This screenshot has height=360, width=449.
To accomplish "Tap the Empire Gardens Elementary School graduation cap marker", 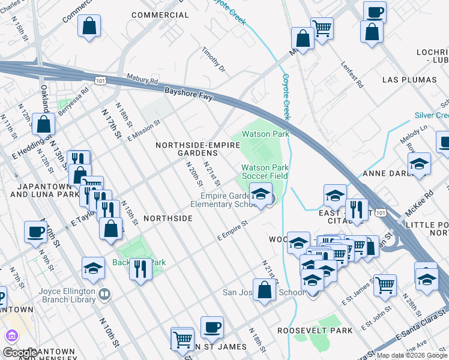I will click(x=261, y=195).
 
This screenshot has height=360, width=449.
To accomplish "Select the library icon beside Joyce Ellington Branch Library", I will click(x=105, y=293).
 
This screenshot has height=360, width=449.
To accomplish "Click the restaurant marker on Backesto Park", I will click(x=140, y=269).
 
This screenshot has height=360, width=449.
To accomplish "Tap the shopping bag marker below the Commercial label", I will click(x=89, y=26).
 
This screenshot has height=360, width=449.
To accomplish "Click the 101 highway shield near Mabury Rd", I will click(x=101, y=80).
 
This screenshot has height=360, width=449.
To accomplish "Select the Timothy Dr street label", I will click(x=213, y=60).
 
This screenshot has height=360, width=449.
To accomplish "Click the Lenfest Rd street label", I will click(x=352, y=76).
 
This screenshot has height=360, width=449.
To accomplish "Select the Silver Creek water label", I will click(x=432, y=115).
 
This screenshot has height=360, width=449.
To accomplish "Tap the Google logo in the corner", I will click(x=19, y=352).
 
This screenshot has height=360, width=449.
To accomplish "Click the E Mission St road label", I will click(x=143, y=130).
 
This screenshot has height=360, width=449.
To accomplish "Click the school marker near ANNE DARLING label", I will click(x=419, y=164).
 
